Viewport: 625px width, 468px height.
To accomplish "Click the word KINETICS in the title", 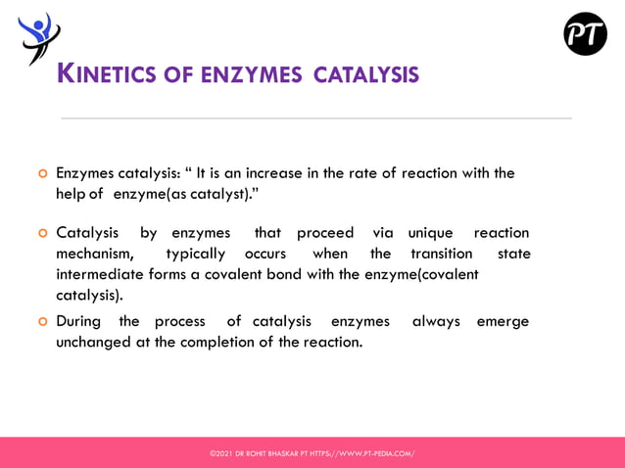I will pyautogui.click(x=107, y=73).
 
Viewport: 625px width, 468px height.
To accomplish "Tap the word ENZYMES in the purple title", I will pyautogui.click(x=252, y=74).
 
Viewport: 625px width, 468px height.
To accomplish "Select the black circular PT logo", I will pyautogui.click(x=585, y=34).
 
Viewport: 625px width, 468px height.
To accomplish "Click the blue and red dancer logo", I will pyautogui.click(x=38, y=37).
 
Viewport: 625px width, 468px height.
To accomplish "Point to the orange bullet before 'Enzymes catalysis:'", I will pyautogui.click(x=42, y=174).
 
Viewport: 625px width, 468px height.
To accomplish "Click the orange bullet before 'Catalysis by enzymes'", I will pyautogui.click(x=42, y=234).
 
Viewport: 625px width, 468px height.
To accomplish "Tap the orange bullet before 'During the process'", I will pyautogui.click(x=42, y=322).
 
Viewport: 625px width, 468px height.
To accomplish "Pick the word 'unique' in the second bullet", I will pyautogui.click(x=430, y=233).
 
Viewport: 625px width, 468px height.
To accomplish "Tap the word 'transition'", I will pyautogui.click(x=441, y=255).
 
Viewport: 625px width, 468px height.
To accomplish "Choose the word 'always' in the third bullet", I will pyautogui.click(x=436, y=321).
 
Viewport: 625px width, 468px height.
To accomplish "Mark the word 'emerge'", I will pyautogui.click(x=502, y=321).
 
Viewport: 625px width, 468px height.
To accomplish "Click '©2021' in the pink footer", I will pyautogui.click(x=220, y=453).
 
